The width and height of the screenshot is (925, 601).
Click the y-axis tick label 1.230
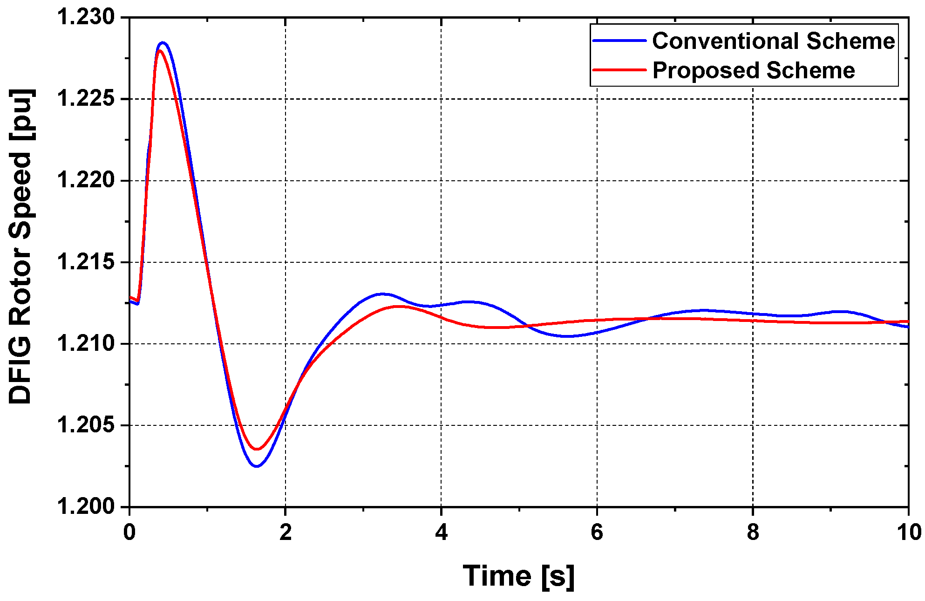point(86,17)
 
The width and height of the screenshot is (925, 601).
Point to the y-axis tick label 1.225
point(86,99)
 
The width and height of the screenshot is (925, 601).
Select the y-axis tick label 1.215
point(86,262)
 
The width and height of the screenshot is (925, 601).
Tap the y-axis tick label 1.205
point(86,425)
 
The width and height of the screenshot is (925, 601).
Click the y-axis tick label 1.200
point(86,506)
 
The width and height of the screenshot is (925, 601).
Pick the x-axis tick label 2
point(286,532)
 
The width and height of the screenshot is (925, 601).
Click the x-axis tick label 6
point(597,532)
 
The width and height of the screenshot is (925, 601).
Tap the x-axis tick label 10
point(909,532)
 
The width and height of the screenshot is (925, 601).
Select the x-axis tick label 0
point(129,532)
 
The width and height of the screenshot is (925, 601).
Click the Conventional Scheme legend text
point(774,41)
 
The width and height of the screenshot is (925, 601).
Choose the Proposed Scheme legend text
point(754,70)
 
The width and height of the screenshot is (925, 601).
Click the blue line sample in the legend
point(619,41)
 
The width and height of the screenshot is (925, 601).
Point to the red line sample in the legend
point(619,70)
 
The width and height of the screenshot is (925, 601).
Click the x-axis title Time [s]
point(519,576)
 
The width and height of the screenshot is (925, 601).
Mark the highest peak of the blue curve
point(163,43)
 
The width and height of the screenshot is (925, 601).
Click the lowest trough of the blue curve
point(257,465)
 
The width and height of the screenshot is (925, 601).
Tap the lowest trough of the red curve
point(257,449)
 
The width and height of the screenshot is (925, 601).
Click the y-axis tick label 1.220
point(86,180)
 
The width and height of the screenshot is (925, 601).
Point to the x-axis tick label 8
point(753,532)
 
